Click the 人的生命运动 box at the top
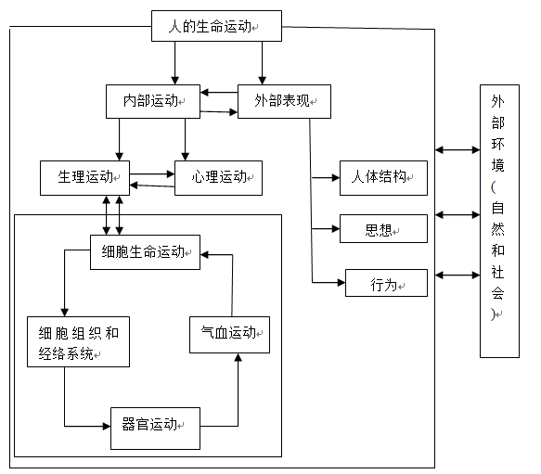pyautogui.click(x=216, y=27)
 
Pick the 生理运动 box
pyautogui.click(x=84, y=177)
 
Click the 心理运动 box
pyautogui.click(x=218, y=177)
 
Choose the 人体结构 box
pyautogui.click(x=383, y=177)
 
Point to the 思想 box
pyautogui.click(x=383, y=229)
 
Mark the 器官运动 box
pyautogui.click(x=155, y=428)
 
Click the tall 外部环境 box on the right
pyautogui.click(x=499, y=221)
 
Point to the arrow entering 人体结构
pyautogui.click(x=325, y=177)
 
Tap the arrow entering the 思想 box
pyautogui.click(x=325, y=228)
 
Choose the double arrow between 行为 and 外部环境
pyautogui.click(x=454, y=275)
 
